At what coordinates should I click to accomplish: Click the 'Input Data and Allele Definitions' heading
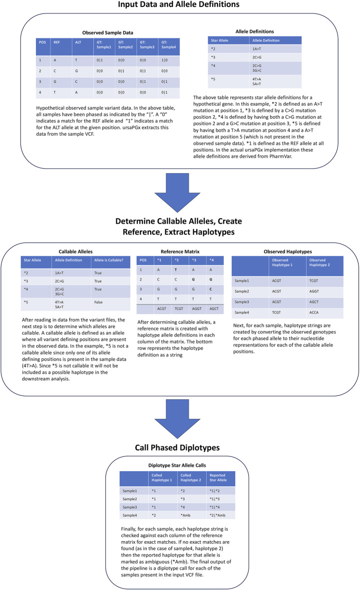[x=180, y=5]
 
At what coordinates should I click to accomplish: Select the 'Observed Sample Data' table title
[x=103, y=33]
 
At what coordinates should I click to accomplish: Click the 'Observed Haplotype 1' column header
[x=284, y=263]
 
